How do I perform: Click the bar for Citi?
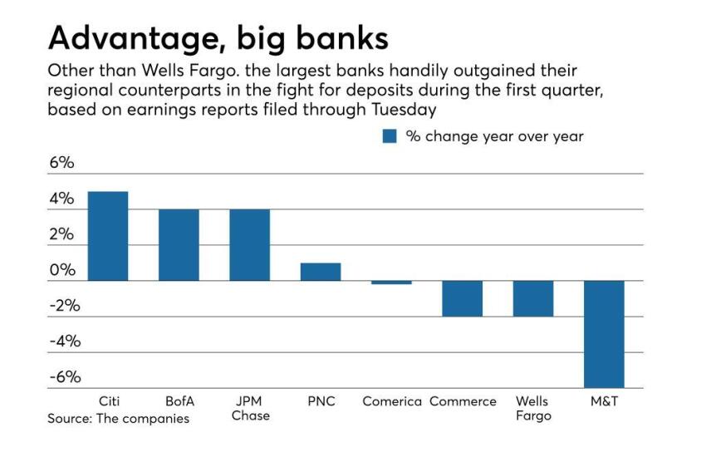click(107, 236)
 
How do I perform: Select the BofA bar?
click(179, 245)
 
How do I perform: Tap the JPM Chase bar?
click(250, 245)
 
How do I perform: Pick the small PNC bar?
click(321, 272)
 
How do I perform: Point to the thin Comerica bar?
click(391, 283)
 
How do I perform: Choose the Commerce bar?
click(462, 298)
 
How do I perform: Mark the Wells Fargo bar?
click(532, 298)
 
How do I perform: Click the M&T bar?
click(604, 334)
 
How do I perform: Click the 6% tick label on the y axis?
click(61, 163)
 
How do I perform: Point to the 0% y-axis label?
click(61, 270)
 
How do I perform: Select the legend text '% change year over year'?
click(494, 136)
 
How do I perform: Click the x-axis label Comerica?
click(392, 401)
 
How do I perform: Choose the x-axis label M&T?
click(604, 401)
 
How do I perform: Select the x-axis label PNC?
click(321, 401)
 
